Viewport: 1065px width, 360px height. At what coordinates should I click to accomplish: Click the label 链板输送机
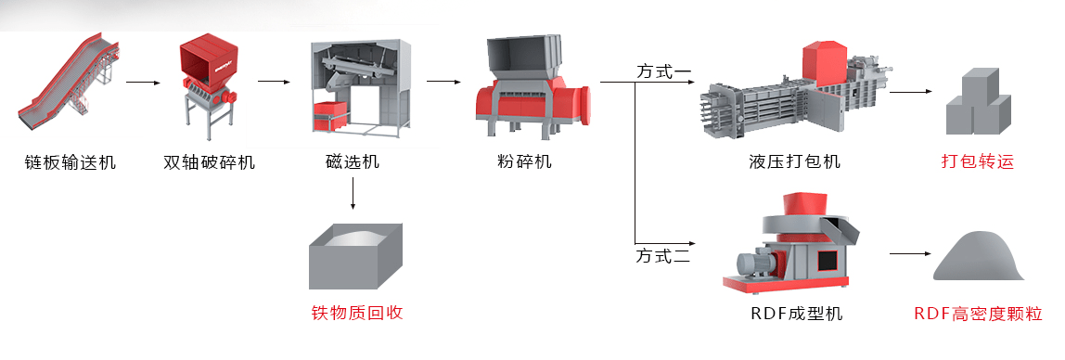[69, 162]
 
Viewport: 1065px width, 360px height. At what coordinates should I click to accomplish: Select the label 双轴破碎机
[210, 162]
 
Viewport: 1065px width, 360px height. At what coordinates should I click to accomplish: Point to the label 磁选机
[353, 161]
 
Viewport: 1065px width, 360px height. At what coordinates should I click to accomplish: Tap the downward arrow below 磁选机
[353, 194]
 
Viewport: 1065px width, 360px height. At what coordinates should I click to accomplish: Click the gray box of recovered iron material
[355, 256]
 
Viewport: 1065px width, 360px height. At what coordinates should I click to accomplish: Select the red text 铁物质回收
[356, 313]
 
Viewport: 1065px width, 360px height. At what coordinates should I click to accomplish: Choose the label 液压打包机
[794, 161]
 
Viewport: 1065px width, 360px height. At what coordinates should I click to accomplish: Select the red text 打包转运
[978, 161]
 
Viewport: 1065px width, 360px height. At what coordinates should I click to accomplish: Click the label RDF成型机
[797, 313]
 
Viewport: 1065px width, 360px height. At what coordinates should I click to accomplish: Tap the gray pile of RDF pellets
[979, 255]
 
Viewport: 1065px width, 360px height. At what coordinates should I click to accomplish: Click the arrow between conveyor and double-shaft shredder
[143, 83]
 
